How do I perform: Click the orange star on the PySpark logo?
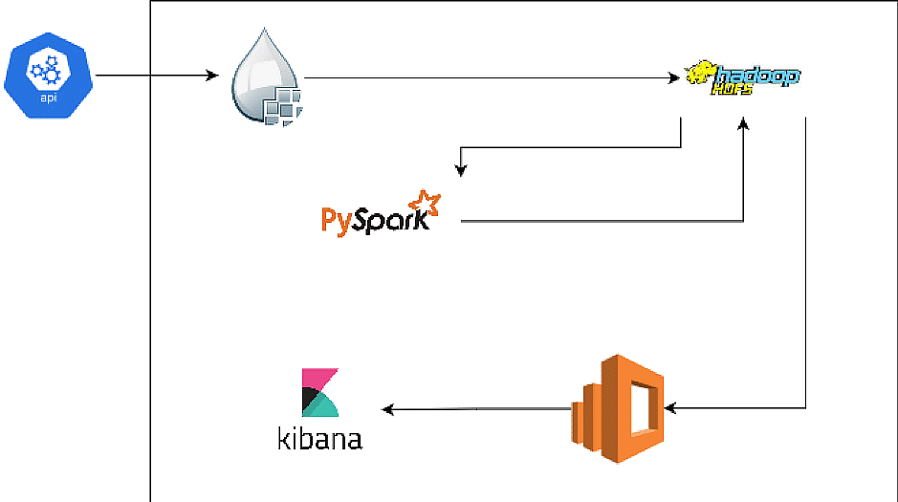point(424,201)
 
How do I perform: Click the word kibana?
point(319,439)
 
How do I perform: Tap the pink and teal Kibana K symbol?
point(319,393)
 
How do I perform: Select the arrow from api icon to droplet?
point(158,76)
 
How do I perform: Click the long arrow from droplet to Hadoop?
point(488,76)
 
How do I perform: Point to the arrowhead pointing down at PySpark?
point(461,171)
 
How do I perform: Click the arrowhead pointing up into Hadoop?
point(744,123)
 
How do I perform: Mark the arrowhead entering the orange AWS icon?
point(670,408)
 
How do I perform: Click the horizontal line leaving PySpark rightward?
point(593,222)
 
